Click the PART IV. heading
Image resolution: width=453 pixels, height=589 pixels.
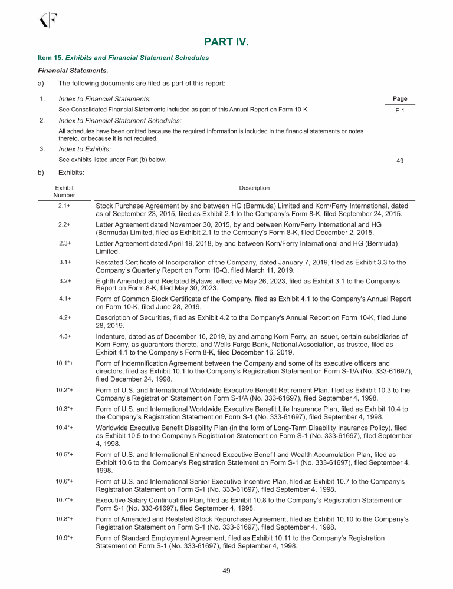pos(226,42)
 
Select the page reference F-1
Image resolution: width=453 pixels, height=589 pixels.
pos(399,110)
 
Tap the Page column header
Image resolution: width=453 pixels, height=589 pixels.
pos(399,98)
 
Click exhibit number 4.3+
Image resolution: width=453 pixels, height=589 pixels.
pos(65,336)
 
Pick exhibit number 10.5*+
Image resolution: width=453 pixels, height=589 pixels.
pos(65,455)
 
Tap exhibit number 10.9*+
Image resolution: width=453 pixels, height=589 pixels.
pos(65,538)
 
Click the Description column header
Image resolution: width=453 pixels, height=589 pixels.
pos(254,188)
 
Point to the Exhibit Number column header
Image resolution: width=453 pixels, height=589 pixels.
pos(64,191)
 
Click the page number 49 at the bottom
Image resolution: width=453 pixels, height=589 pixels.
pos(226,571)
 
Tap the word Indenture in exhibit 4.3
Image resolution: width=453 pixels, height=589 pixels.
pos(111,336)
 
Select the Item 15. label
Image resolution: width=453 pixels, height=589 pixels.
pos(50,58)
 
